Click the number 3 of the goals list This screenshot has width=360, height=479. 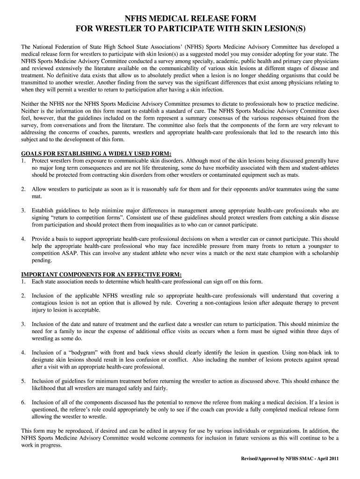[23, 210]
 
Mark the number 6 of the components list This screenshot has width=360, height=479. [23, 402]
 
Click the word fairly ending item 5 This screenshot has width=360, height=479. [158, 388]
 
